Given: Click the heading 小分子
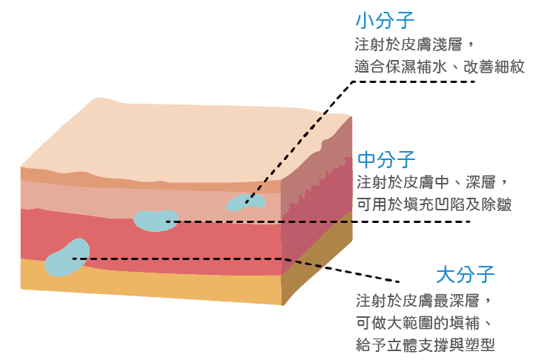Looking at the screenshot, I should click(x=385, y=19).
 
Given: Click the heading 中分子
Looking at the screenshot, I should click(x=386, y=159).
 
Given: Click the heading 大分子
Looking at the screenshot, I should click(x=465, y=275).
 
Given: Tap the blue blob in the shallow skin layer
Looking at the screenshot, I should click(x=245, y=201).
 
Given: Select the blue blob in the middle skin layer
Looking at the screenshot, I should click(x=155, y=220).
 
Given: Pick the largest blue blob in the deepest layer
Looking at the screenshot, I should click(x=66, y=259).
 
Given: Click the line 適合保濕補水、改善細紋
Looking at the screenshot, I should click(x=439, y=67).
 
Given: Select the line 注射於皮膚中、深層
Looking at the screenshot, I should click(x=431, y=182).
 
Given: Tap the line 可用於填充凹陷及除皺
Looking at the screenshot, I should click(x=434, y=204).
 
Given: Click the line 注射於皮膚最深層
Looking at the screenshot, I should click(x=423, y=300).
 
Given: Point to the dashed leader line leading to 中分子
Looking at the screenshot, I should click(x=311, y=221).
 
